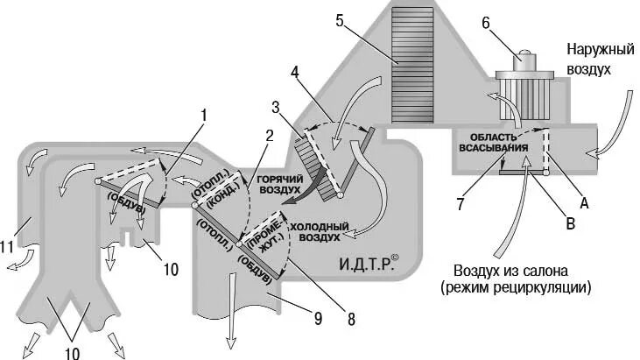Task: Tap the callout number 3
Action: pyautogui.click(x=276, y=107)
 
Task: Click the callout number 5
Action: pyautogui.click(x=339, y=20)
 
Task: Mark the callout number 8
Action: pyautogui.click(x=351, y=321)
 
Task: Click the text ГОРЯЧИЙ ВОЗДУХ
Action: pyautogui.click(x=279, y=183)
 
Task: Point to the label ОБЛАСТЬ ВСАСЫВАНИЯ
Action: pyautogui.click(x=496, y=143)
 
